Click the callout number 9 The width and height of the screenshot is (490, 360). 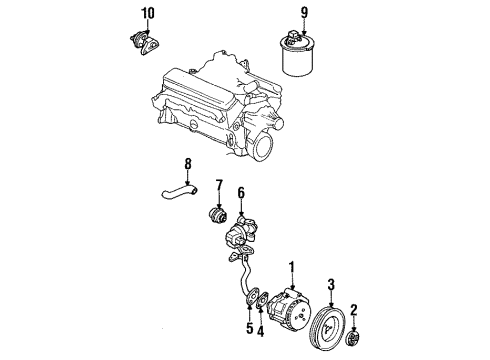click(290, 13)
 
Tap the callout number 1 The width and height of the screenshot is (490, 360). click(292, 268)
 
